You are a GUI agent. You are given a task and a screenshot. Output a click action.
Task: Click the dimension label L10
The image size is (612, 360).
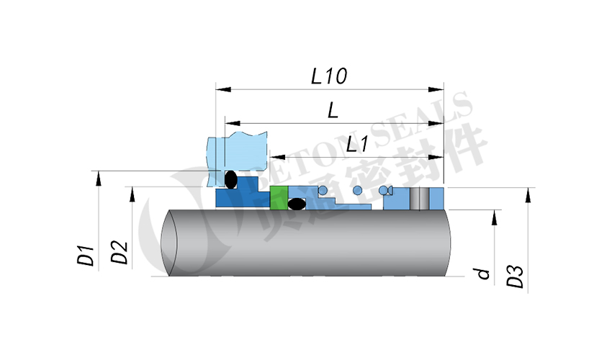tap(329, 76)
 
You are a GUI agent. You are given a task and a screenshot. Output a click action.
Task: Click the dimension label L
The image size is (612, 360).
tap(333, 109)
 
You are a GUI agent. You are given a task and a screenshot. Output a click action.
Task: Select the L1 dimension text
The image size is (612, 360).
tap(357, 144)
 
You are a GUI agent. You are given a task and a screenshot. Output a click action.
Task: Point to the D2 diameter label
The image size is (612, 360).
tap(120, 252)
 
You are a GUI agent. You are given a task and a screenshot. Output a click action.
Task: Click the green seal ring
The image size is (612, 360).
tap(278, 197)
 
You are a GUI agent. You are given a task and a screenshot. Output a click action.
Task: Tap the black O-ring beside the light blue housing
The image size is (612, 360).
tap(230, 178)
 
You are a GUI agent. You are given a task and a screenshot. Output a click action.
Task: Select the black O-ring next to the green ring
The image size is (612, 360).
tap(296, 204)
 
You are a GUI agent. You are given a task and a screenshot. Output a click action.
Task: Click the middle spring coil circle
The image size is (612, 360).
tap(356, 190)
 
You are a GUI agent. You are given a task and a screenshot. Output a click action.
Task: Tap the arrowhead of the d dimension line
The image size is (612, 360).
tap(495, 215)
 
